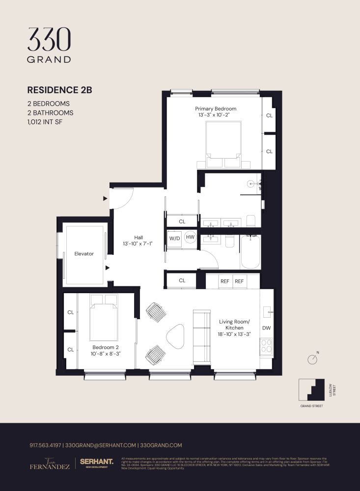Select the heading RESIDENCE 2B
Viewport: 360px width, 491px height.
[59, 90]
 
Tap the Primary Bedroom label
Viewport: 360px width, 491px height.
[215, 109]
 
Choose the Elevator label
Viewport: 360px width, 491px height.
[84, 254]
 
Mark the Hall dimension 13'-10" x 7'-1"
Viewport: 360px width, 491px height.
[138, 244]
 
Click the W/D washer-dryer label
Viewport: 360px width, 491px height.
[174, 238]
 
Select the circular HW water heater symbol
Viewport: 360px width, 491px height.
[190, 238]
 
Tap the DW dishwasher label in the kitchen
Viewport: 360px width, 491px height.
[266, 327]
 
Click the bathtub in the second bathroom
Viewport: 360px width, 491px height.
[250, 252]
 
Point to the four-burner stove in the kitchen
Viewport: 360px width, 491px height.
[267, 347]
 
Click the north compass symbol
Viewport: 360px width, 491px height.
[312, 359]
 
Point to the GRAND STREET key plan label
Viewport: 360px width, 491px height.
[311, 407]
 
